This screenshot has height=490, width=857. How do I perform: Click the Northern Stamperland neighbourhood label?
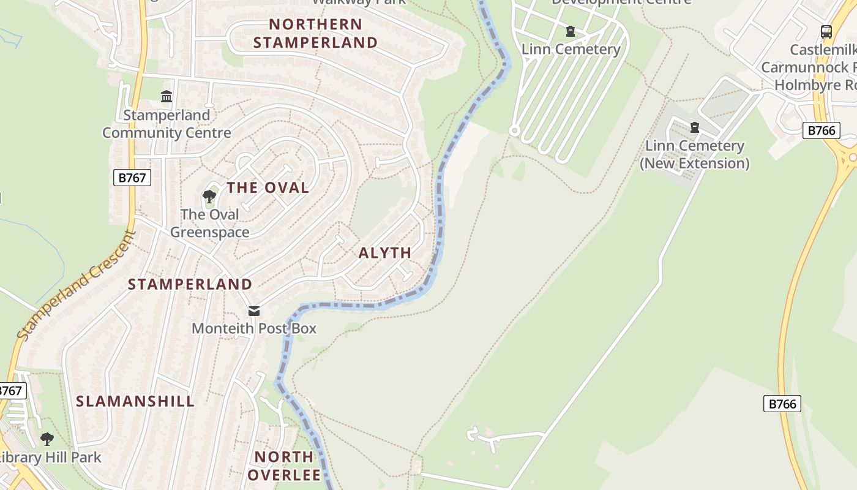(x=315, y=34)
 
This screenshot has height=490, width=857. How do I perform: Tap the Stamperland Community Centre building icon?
(x=167, y=97)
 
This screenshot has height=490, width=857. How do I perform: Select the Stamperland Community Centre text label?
(x=167, y=124)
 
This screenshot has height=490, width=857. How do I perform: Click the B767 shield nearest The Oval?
(x=132, y=178)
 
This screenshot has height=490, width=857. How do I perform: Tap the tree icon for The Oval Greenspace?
(x=209, y=197)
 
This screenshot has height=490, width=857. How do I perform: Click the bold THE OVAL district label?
(x=268, y=188)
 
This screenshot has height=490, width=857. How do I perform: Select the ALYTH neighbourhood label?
(x=384, y=253)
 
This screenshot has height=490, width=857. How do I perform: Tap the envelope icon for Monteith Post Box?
(x=254, y=311)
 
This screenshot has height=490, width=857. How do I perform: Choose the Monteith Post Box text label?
(x=254, y=328)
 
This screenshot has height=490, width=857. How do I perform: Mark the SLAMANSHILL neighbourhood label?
(x=135, y=402)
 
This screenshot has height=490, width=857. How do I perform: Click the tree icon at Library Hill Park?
(x=47, y=439)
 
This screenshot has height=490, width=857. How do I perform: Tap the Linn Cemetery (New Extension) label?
(x=694, y=154)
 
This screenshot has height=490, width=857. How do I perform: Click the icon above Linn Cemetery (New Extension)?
(x=694, y=127)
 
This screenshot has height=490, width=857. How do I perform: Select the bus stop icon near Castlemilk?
(x=826, y=31)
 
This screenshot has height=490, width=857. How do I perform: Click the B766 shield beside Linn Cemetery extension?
(x=821, y=130)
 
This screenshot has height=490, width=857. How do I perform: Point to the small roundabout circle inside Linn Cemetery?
(x=514, y=130)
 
